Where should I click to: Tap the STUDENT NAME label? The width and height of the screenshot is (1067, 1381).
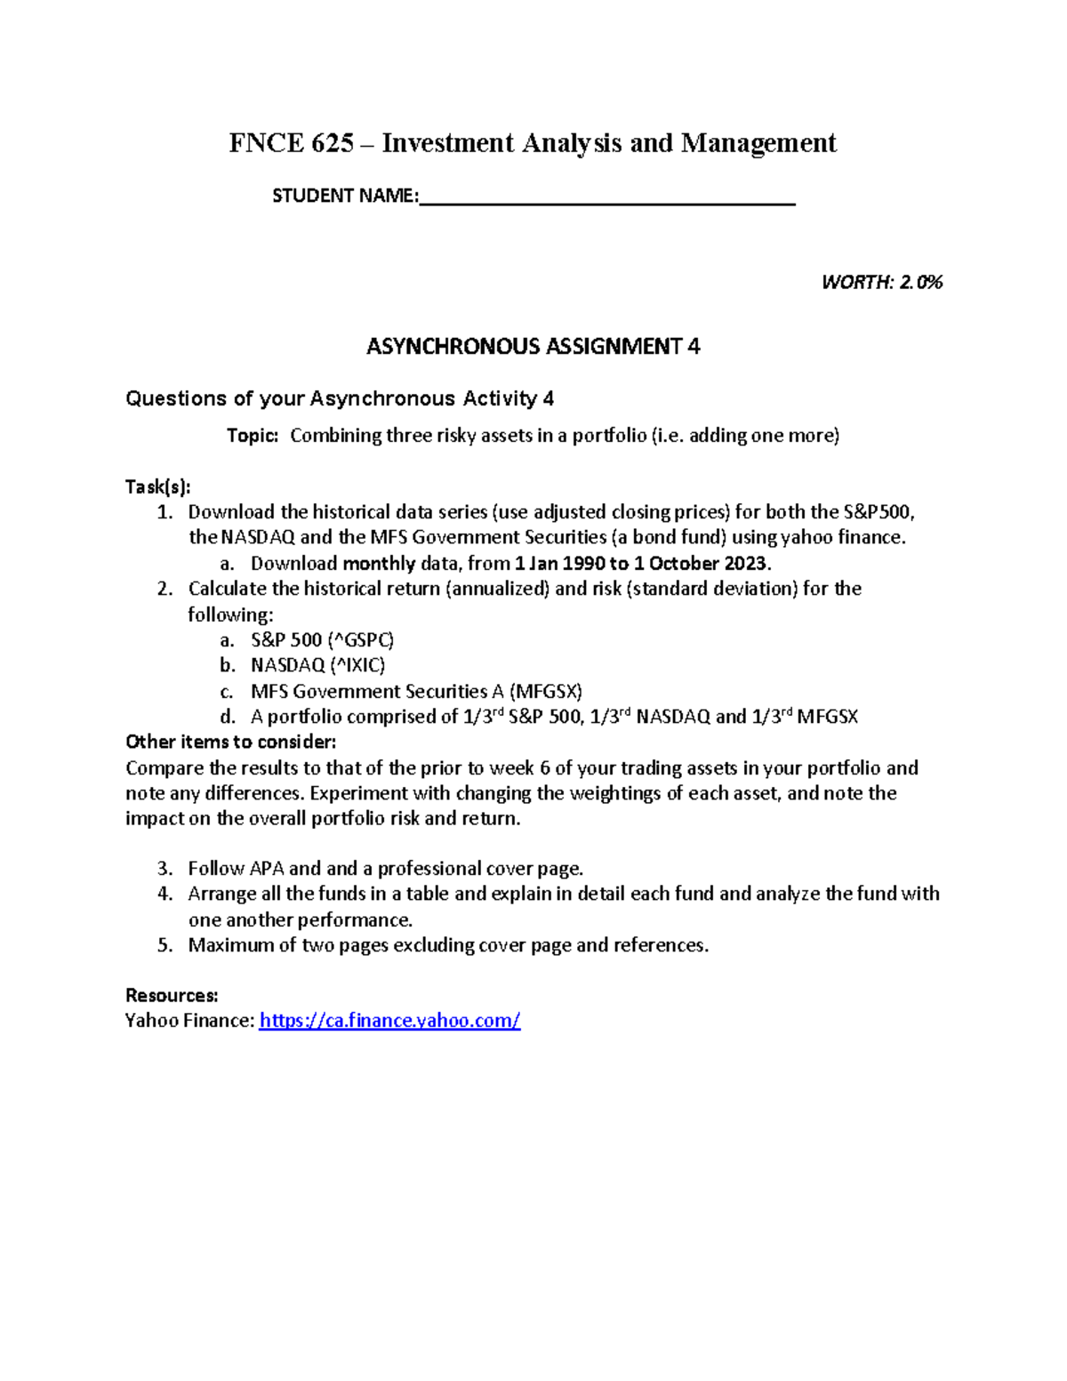click(x=344, y=196)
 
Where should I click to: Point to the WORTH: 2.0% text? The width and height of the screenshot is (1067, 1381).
click(x=881, y=283)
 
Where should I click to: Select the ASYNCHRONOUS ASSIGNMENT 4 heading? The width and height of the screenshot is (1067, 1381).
click(x=533, y=347)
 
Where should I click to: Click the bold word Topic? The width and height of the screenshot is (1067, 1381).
click(x=253, y=436)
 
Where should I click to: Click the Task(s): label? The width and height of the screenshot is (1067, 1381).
click(x=157, y=486)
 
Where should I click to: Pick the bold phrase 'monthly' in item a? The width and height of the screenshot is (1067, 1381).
click(x=379, y=564)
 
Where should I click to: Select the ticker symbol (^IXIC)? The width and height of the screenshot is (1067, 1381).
click(x=357, y=666)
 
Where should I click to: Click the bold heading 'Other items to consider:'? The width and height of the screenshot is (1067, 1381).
click(x=231, y=743)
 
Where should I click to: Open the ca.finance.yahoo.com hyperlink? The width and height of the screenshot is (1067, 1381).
click(x=389, y=1021)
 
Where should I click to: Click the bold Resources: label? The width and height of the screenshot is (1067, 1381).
click(x=172, y=995)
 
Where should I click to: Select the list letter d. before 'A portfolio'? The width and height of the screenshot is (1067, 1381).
click(x=228, y=718)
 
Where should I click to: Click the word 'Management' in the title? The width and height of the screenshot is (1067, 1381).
click(x=758, y=143)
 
